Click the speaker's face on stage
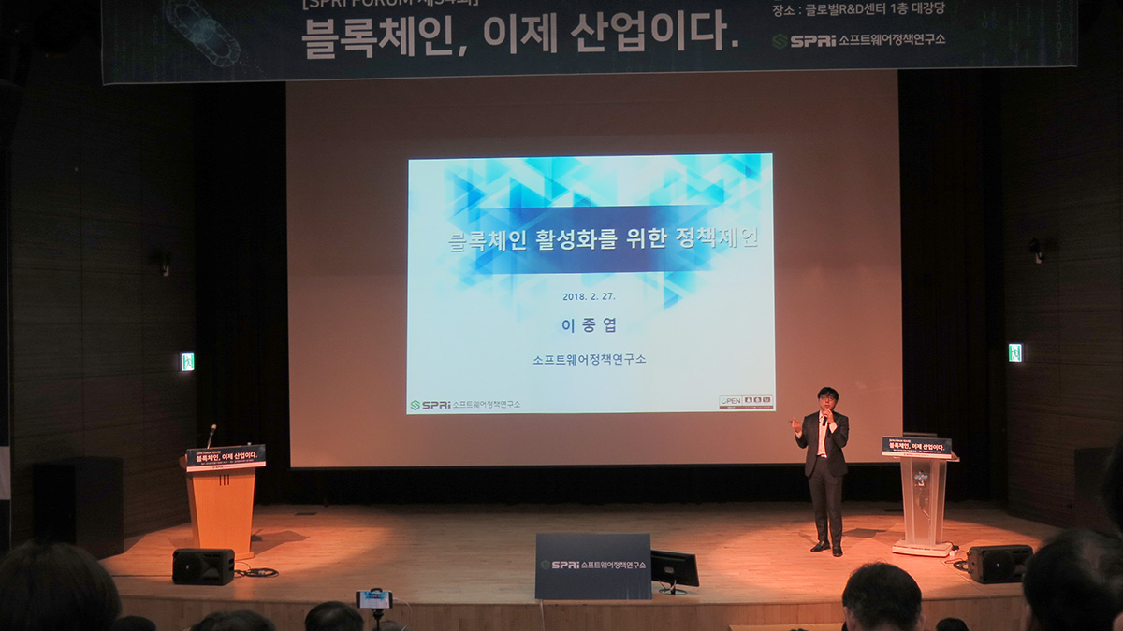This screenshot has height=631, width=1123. (x=825, y=399)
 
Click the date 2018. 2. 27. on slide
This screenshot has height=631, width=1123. (x=589, y=296)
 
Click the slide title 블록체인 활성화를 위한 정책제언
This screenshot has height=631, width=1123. (x=604, y=238)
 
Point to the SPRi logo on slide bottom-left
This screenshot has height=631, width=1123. (x=431, y=405)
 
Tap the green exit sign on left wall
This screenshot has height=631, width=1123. (x=187, y=362)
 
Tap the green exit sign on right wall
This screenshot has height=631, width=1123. (x=1014, y=352)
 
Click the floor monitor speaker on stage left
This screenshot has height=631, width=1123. (x=203, y=566)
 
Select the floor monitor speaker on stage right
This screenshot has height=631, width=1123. (x=999, y=564)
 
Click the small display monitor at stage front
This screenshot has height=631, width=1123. (x=675, y=568)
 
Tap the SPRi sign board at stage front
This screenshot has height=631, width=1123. (x=592, y=566)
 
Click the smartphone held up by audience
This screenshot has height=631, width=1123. (x=374, y=599)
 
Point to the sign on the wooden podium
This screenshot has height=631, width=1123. (x=226, y=456)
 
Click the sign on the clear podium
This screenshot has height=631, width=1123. (x=916, y=447)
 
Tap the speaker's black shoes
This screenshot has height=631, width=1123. (x=827, y=548)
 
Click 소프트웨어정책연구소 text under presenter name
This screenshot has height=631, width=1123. (x=589, y=359)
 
